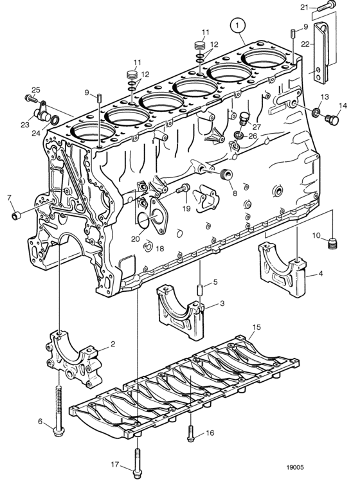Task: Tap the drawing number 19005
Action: click(x=295, y=467)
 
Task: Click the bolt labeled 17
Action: click(x=138, y=463)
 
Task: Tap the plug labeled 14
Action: click(x=332, y=119)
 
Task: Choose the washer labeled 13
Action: click(x=316, y=112)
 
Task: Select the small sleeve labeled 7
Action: click(x=15, y=215)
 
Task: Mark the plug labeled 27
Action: click(x=244, y=118)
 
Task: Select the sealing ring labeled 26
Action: click(x=238, y=135)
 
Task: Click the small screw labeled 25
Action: click(x=30, y=98)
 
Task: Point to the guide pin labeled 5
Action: click(x=199, y=291)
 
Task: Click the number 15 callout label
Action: click(x=256, y=327)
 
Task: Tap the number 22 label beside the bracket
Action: click(x=305, y=44)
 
